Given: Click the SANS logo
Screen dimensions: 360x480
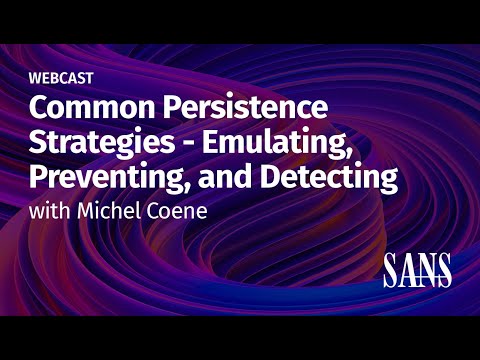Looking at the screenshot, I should tap(417, 269).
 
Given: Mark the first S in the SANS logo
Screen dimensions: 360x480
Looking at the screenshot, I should tap(391, 269).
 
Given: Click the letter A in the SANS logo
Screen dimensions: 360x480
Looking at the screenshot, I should tap(408, 269).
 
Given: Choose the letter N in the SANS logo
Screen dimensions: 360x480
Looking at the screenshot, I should tap(427, 269).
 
